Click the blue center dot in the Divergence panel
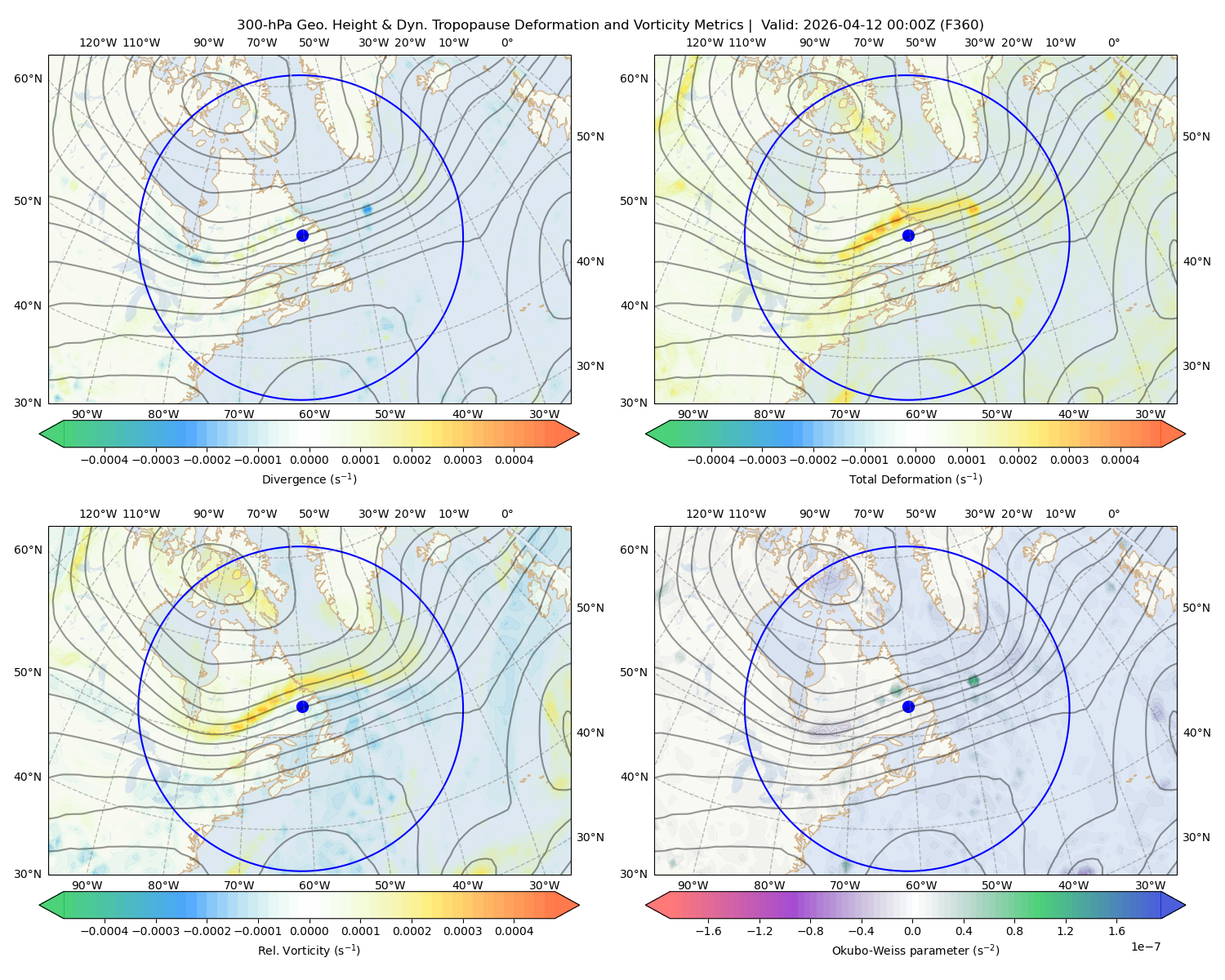[x=302, y=235]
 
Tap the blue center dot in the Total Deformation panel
[x=908, y=235]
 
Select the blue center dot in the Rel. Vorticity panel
[x=302, y=706]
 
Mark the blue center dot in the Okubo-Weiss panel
[x=908, y=706]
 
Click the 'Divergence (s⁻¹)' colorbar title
[x=309, y=479]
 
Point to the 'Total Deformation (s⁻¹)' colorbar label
[x=915, y=479]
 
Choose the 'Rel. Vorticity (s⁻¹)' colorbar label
[x=309, y=951]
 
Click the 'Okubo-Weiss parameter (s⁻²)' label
[x=915, y=951]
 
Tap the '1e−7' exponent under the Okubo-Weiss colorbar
[x=1145, y=947]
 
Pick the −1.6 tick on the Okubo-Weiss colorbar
[x=708, y=931]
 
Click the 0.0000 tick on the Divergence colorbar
[x=309, y=460]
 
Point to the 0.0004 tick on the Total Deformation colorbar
[x=1120, y=460]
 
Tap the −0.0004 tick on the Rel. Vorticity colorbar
[x=105, y=931]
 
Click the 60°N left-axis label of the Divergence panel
[x=28, y=78]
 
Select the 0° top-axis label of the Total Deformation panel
[x=1113, y=42]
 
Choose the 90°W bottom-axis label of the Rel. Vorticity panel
[x=87, y=885]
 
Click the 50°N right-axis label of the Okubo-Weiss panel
[x=1196, y=608]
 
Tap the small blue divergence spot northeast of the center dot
[x=367, y=210]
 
